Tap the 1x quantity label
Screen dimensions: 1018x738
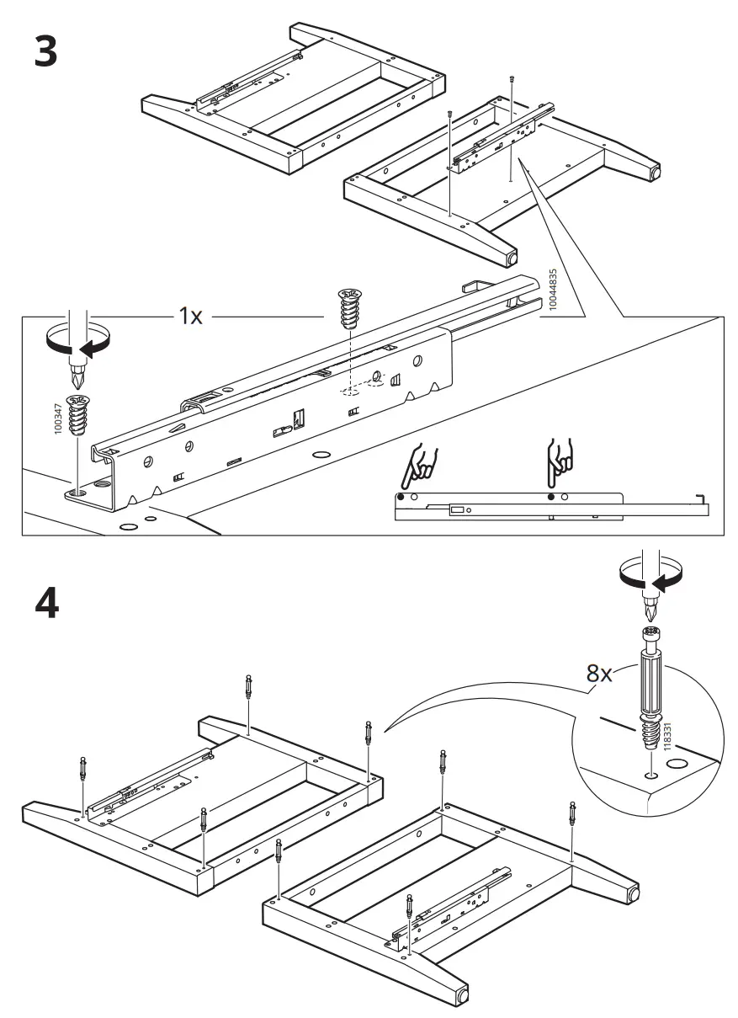(189, 317)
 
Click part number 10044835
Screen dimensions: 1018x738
(552, 291)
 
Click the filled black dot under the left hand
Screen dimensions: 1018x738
(402, 498)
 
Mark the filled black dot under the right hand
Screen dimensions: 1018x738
(551, 498)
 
